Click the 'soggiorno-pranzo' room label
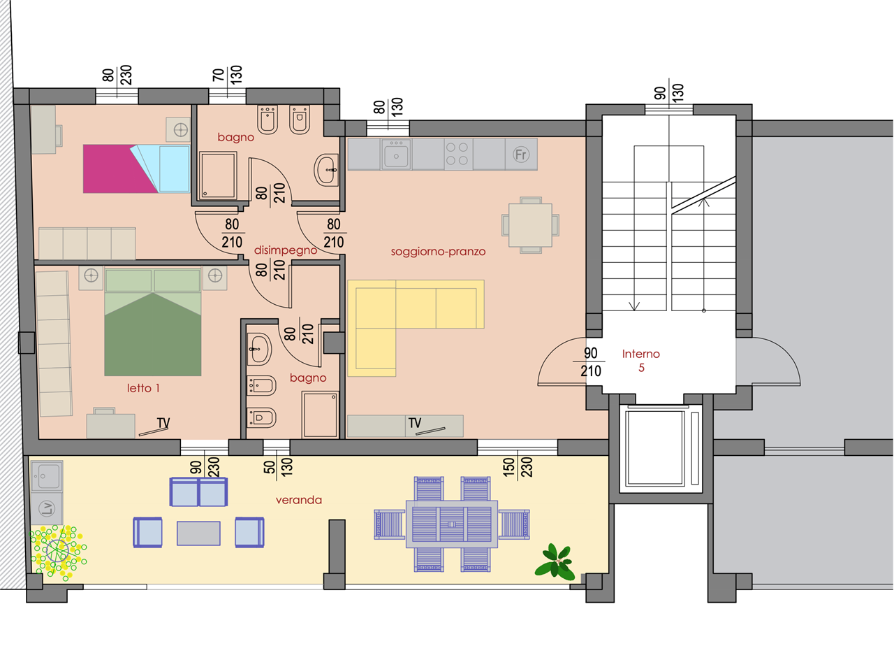coord(438,252)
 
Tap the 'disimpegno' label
coord(286,250)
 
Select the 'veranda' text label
coord(298,500)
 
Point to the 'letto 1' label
coord(143,388)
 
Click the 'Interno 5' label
coord(640,360)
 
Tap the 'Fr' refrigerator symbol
coord(521,155)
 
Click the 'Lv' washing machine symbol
coord(47,508)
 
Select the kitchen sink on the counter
coord(396,155)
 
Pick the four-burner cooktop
coord(457,154)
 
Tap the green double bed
coord(153,322)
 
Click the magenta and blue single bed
coord(136,168)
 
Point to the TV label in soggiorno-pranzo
coord(415,423)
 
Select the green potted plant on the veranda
coord(555,562)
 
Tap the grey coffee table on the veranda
coord(198,533)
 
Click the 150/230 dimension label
coord(518,467)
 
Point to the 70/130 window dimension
coord(227,75)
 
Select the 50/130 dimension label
coord(278,467)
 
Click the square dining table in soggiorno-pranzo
coord(530,225)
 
